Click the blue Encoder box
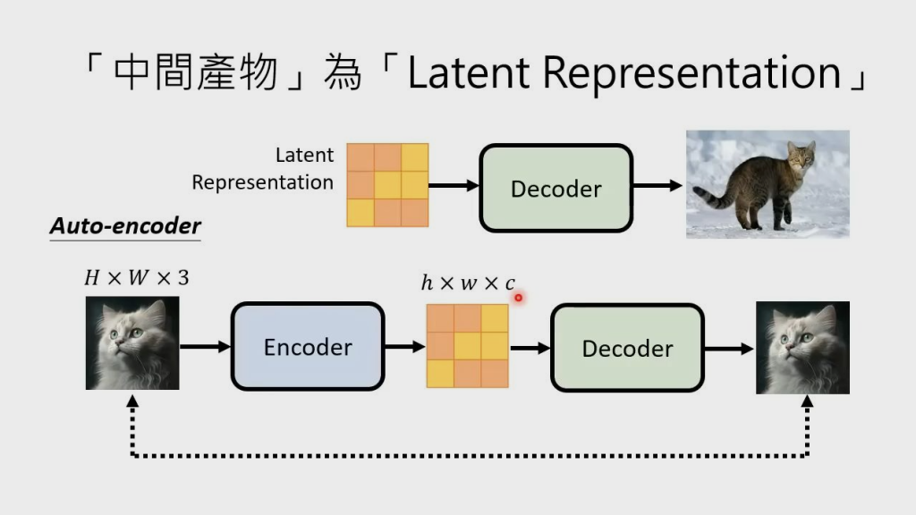308,347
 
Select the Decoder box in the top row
556,189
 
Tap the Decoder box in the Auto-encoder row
627,348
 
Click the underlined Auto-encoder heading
125,226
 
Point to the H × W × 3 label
136,278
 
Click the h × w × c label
468,283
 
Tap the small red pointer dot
518,298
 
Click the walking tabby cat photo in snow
768,184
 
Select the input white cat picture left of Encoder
132,344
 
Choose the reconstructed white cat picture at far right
802,348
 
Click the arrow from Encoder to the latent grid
405,347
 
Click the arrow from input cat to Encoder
205,345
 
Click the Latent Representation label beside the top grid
263,168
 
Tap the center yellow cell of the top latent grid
388,185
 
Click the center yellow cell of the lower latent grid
467,346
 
